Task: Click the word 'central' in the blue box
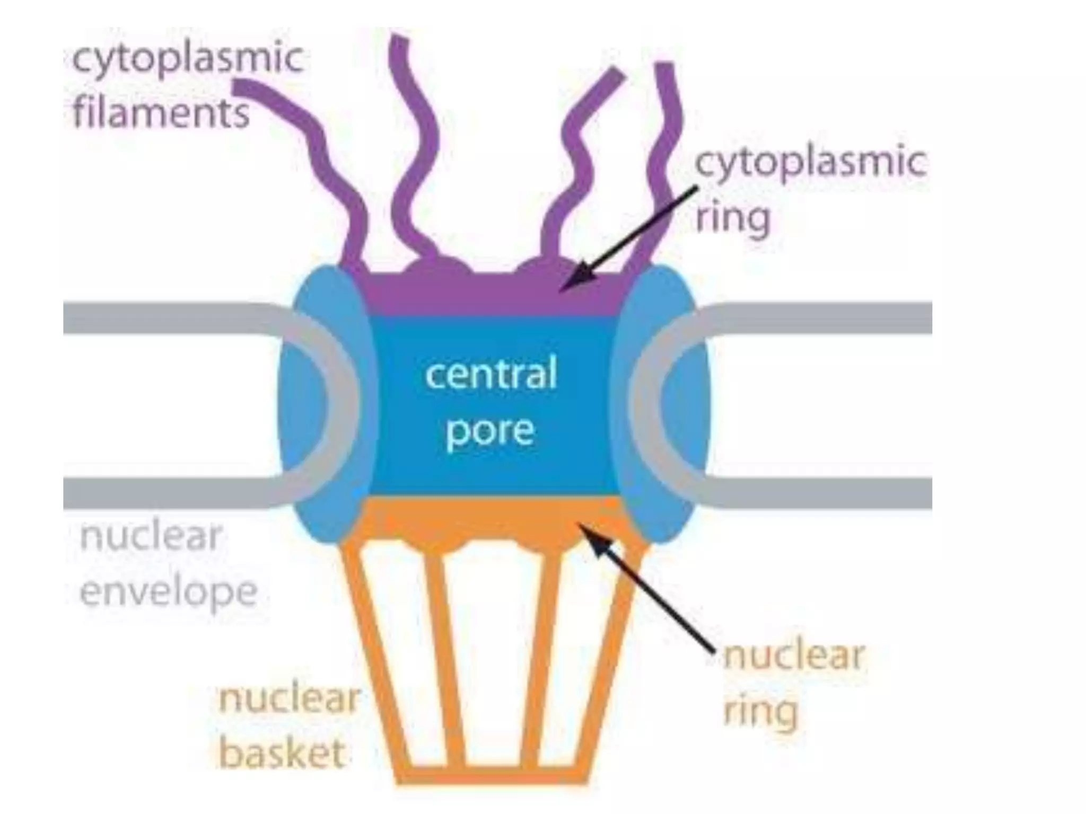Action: (491, 374)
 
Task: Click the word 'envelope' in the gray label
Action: (169, 592)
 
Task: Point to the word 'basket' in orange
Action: (282, 753)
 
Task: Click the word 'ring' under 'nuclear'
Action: (760, 712)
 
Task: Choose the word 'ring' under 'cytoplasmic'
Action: (732, 217)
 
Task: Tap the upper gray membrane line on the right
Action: (822, 318)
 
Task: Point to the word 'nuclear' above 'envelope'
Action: (151, 536)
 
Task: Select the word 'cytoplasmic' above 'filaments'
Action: (188, 57)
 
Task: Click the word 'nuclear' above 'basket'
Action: (290, 698)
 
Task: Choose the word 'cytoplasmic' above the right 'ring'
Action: (810, 162)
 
